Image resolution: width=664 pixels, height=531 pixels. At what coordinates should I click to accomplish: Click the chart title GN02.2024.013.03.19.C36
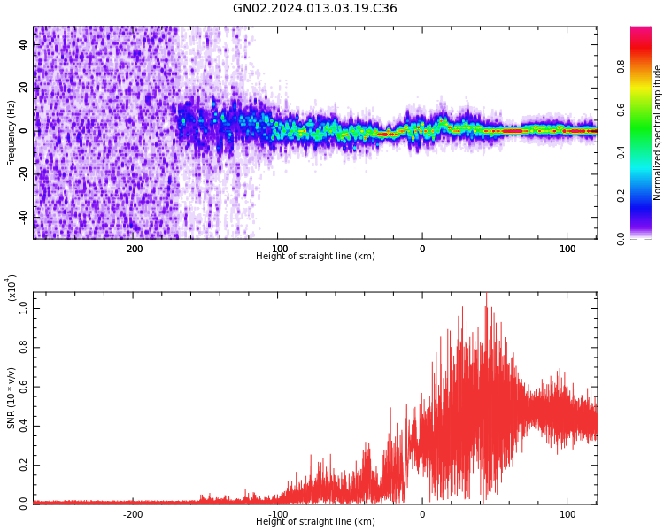click(315, 9)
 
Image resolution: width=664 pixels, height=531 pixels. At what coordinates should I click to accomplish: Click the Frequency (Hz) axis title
click(12, 133)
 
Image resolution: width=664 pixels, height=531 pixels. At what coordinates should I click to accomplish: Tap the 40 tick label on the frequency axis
click(25, 44)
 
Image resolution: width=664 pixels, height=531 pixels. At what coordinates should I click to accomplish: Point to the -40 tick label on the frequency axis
click(23, 217)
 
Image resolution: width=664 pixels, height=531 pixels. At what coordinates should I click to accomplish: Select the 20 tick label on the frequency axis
click(25, 88)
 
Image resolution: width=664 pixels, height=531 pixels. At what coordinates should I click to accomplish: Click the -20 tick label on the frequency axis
click(23, 173)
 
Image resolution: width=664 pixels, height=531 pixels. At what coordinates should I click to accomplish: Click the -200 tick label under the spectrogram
click(132, 249)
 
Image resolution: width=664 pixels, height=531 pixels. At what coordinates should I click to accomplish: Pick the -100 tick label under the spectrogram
click(277, 249)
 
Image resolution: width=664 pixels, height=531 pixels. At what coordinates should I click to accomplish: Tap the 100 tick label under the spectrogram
click(567, 249)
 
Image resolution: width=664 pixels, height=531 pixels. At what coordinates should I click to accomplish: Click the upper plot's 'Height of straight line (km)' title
click(315, 257)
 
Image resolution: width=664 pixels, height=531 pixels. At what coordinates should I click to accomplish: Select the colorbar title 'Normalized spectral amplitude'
click(658, 133)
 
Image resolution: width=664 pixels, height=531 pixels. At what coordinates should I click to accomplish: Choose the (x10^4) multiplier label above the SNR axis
click(12, 289)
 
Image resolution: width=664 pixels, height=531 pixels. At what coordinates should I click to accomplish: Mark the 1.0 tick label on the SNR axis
click(25, 309)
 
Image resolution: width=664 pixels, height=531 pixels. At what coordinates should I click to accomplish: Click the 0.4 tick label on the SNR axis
click(25, 425)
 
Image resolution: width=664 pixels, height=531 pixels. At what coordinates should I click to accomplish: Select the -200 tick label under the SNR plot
click(132, 514)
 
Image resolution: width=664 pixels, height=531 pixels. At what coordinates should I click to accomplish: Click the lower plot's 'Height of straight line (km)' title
click(315, 522)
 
